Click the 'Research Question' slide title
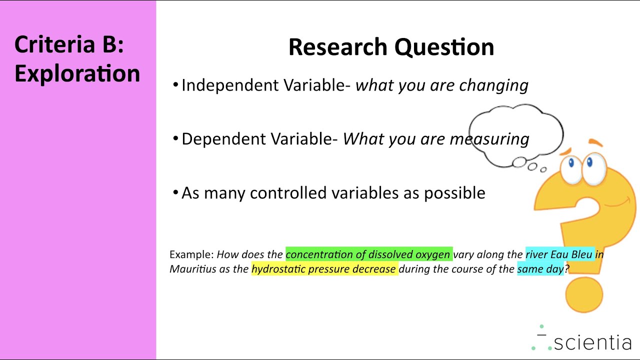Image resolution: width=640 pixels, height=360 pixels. (391, 47)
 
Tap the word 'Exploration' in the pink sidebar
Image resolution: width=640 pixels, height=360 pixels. (77, 73)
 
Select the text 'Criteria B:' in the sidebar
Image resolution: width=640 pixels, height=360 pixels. (69, 44)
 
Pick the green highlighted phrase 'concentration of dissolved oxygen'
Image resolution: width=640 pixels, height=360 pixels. (368, 254)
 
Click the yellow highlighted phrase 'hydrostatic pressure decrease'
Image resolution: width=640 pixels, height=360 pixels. (324, 269)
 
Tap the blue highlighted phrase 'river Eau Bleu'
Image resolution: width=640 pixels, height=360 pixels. (559, 254)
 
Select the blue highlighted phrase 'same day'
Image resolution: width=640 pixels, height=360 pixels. (540, 269)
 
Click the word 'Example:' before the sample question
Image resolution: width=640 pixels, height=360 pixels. (191, 254)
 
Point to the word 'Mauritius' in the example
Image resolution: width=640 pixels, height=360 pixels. (192, 269)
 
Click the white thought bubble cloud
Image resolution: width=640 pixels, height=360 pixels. (516, 131)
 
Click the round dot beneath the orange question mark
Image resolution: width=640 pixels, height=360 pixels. (584, 294)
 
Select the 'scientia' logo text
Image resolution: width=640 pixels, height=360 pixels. (592, 342)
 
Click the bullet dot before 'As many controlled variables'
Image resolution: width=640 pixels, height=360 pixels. (175, 192)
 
